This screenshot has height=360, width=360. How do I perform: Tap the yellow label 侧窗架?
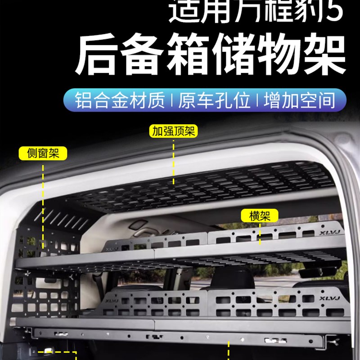coord(43,153)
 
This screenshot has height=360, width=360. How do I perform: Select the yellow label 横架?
coord(260,216)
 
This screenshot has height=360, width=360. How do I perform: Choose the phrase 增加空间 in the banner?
coord(300,100)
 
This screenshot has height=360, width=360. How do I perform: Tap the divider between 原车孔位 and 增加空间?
coord(258,100)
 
